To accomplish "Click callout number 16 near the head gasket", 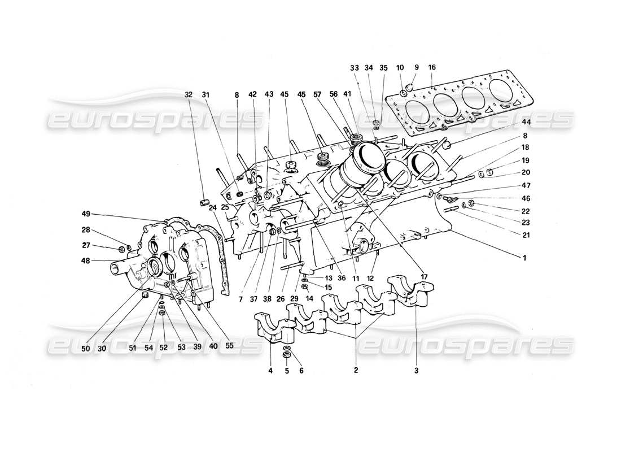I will tap(432, 67).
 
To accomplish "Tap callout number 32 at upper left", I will tap(188, 95).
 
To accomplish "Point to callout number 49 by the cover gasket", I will tap(86, 214).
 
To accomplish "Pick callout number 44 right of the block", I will tap(526, 122).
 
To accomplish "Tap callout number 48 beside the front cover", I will tap(86, 260).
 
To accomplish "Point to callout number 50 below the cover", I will tap(85, 348).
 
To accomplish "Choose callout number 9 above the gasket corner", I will tap(417, 67).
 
